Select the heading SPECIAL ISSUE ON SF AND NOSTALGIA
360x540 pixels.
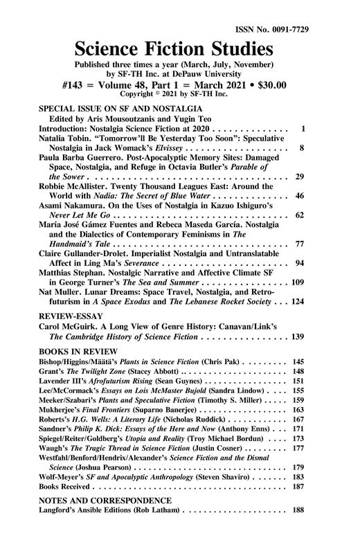point(119,109)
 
